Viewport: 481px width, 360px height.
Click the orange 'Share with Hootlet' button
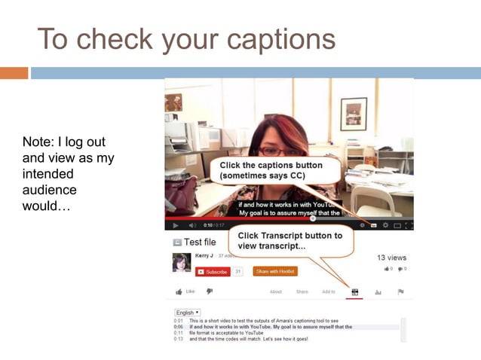pyautogui.click(x=274, y=271)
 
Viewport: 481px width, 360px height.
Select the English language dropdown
pyautogui.click(x=187, y=313)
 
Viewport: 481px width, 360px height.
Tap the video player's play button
pyautogui.click(x=176, y=225)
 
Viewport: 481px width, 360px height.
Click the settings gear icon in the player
pyautogui.click(x=385, y=225)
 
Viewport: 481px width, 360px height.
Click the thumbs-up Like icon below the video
pyautogui.click(x=179, y=291)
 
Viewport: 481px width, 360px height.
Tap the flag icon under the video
pyautogui.click(x=400, y=291)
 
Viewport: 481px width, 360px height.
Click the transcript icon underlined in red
pyautogui.click(x=354, y=291)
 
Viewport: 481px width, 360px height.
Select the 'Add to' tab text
pyautogui.click(x=328, y=291)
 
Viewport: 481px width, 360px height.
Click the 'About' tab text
pyautogui.click(x=276, y=291)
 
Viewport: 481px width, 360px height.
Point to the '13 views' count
pyautogui.click(x=392, y=258)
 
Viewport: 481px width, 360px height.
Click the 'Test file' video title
pyautogui.click(x=200, y=243)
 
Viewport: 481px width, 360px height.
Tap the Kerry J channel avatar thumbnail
pyautogui.click(x=181, y=261)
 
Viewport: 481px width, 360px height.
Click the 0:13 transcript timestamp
pyautogui.click(x=179, y=339)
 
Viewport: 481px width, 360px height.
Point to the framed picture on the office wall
pyautogui.click(x=353, y=113)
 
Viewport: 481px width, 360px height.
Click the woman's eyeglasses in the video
pyautogui.click(x=270, y=151)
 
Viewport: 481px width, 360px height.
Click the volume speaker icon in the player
pyautogui.click(x=192, y=225)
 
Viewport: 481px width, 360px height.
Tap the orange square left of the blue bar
pyautogui.click(x=14, y=73)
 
